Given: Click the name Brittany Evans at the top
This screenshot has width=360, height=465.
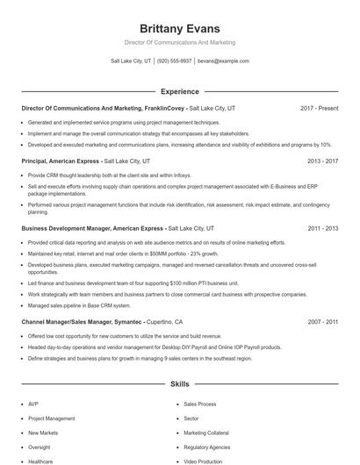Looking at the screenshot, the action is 179,28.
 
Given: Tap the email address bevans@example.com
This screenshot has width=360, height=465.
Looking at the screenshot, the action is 223,61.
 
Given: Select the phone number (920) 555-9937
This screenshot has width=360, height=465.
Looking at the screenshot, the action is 174,61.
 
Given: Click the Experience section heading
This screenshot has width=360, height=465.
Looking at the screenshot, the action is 179,91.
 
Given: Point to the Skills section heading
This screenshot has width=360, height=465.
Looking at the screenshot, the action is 179,384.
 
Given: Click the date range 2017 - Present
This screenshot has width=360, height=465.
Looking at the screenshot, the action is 319,108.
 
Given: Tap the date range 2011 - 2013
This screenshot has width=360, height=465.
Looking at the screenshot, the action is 322,228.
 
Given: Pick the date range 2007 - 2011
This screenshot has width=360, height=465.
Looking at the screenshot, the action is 322,322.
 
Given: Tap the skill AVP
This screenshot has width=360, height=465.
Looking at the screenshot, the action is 33,404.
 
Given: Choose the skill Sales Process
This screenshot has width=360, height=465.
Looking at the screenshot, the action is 199,404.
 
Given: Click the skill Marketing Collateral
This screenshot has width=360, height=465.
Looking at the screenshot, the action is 205,433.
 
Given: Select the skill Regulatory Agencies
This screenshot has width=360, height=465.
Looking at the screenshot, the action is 206,447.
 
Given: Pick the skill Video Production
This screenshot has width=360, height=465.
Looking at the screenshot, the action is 203,461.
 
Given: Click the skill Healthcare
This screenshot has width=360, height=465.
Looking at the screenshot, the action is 40,461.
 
